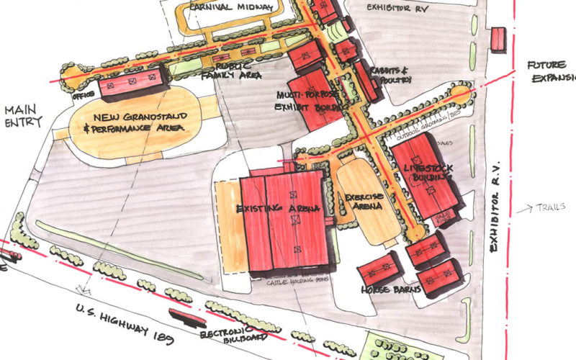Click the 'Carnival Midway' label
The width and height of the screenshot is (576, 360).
point(231,7)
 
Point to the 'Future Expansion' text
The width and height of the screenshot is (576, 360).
point(551,71)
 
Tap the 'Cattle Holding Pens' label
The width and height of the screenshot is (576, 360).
point(292,282)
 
